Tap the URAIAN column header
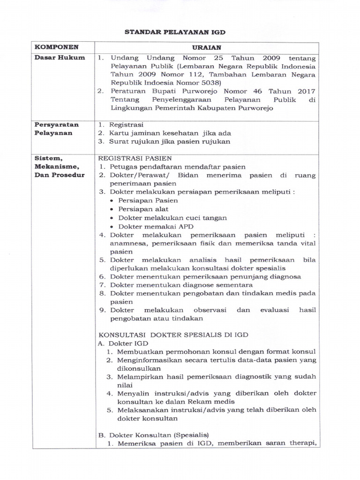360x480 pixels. point(206,48)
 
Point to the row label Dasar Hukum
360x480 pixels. point(59,58)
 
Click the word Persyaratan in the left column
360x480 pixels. point(56,125)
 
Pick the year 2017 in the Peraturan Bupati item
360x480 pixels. point(306,91)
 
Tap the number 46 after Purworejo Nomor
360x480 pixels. point(257,91)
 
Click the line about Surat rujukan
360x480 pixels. point(170,142)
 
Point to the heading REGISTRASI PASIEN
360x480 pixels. point(134,158)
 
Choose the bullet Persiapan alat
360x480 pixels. point(143,209)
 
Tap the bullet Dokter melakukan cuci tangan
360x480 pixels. point(172,218)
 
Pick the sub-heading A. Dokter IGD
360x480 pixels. point(123,343)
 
